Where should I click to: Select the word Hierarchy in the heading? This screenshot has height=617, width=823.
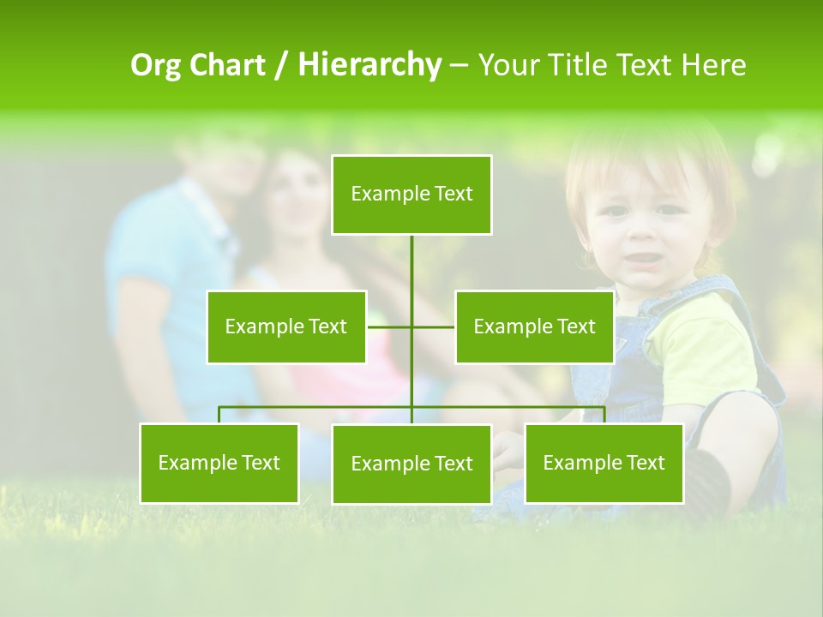(369, 65)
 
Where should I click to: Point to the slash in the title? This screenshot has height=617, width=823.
(280, 65)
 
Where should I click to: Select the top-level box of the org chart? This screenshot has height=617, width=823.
(411, 195)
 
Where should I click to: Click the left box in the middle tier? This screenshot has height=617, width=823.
(286, 326)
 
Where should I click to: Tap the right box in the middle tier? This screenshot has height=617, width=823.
(534, 326)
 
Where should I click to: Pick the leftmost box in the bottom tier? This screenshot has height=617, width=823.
(219, 463)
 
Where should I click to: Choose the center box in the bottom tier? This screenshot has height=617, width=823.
(411, 464)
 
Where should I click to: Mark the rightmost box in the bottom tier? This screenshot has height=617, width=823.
(604, 463)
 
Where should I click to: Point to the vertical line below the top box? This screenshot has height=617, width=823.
(411, 266)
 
